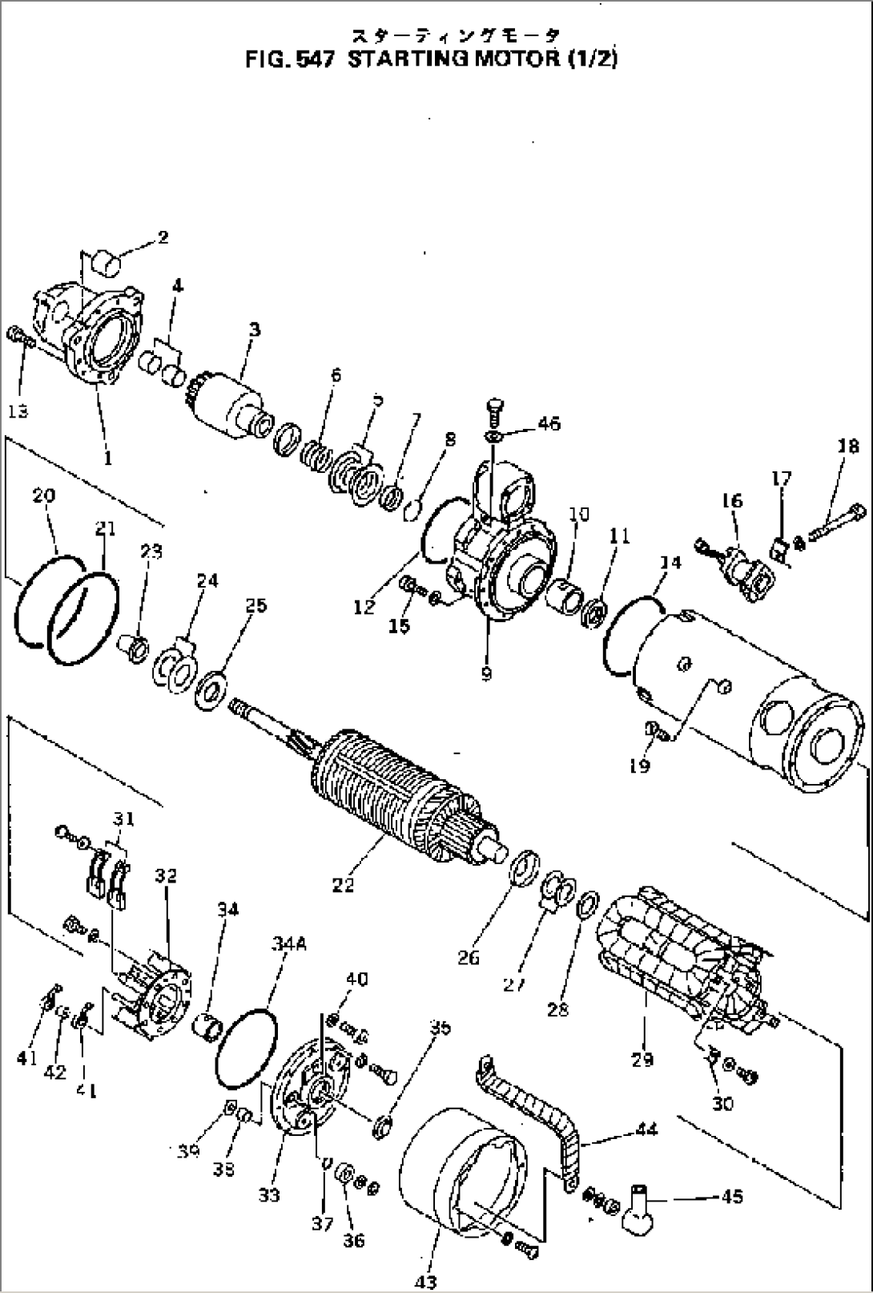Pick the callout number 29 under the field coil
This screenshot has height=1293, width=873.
point(642,1059)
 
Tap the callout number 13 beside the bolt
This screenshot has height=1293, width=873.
point(18,411)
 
